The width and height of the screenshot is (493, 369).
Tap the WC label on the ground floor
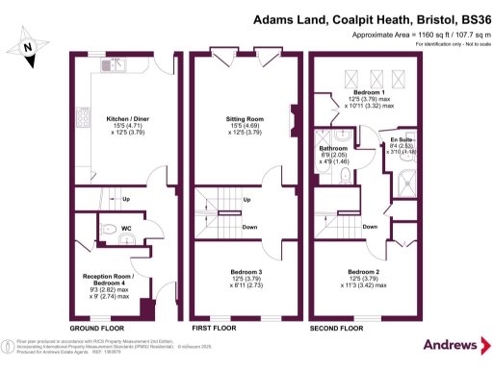tap(126, 229)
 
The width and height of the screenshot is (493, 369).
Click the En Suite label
tap(402, 137)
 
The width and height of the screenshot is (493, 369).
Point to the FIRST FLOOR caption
tap(214, 327)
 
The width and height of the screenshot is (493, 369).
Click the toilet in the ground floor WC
tap(110, 229)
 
